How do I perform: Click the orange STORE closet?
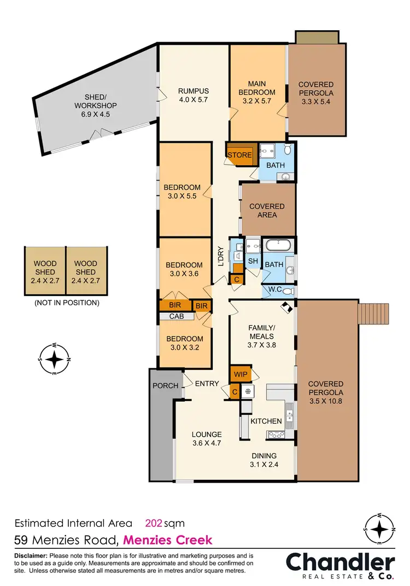tap(240, 155)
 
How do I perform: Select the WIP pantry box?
tap(241, 375)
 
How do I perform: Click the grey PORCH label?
tap(165, 386)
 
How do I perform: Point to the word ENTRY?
tap(207, 384)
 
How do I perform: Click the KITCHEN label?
tap(266, 421)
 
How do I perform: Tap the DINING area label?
tap(264, 456)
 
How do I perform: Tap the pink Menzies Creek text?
tap(167, 540)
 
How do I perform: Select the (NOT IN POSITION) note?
tap(66, 302)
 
